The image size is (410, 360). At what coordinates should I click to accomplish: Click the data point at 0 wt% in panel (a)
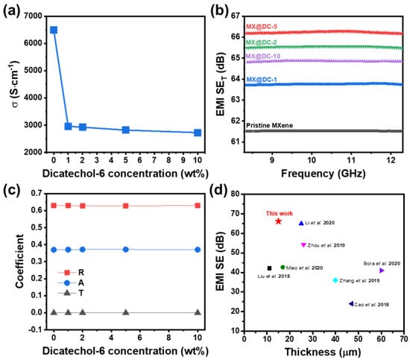tap(54, 30)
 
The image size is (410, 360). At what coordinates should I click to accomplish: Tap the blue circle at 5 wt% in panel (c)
tap(126, 250)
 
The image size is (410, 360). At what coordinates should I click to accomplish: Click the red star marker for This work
tap(278, 221)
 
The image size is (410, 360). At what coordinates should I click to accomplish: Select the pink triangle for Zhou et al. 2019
tap(303, 244)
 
